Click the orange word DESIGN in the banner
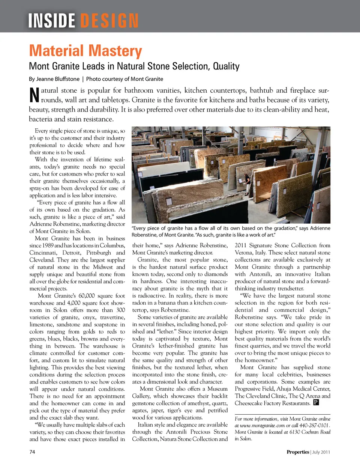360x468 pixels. click(x=109, y=21)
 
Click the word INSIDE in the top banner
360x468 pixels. click(x=52, y=21)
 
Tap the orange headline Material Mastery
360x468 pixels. click(x=85, y=51)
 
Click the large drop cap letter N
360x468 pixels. click(x=34, y=95)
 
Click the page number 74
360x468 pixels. click(x=32, y=452)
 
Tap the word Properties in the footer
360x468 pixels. click(x=298, y=452)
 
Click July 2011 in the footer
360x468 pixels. click(x=321, y=452)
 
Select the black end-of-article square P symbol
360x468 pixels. click(x=316, y=403)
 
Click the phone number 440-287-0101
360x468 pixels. click(x=313, y=425)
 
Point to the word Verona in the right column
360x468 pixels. click(x=244, y=253)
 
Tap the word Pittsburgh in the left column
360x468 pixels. click(x=100, y=253)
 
